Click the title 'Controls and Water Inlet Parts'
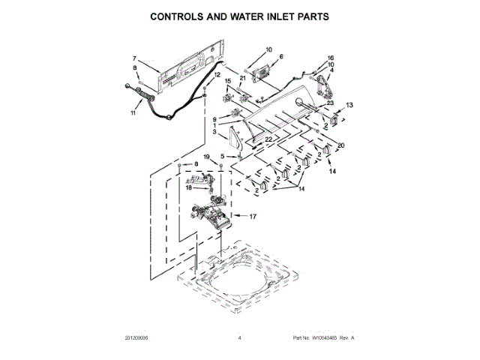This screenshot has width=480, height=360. pos(240,15)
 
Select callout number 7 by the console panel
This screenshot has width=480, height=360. pos(135,58)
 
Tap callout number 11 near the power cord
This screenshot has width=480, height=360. pos(134,113)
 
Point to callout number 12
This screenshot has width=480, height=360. pos(218,75)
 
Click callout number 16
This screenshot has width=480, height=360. pos(330,58)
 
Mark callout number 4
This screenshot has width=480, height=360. pos(331,71)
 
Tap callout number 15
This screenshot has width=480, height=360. pos(229,81)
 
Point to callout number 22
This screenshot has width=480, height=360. pos(268,140)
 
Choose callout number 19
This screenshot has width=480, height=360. pos(206,157)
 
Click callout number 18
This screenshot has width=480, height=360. pos(188,188)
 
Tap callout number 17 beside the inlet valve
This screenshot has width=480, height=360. pos(253,217)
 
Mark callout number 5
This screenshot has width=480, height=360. pos(222,156)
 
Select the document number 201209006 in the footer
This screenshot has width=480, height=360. pos(142,338)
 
